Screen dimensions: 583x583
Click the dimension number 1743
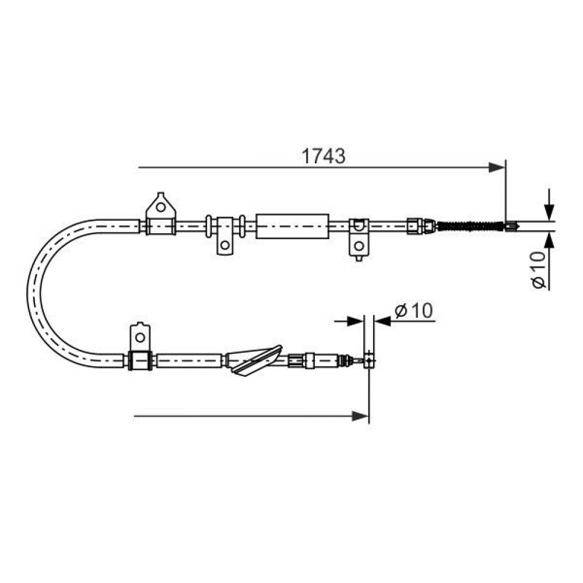pyautogui.click(x=323, y=156)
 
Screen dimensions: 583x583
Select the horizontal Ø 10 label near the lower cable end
pyautogui.click(x=414, y=311)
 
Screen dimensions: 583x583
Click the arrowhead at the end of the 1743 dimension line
pyautogui.click(x=497, y=167)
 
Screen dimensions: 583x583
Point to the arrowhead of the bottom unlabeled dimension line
pyautogui.click(x=360, y=416)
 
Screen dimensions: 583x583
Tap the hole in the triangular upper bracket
pyautogui.click(x=161, y=207)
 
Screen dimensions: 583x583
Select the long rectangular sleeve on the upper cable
pyautogui.click(x=293, y=226)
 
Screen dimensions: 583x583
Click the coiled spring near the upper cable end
pyautogui.click(x=469, y=226)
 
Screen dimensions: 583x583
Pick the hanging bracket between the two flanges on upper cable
pyautogui.click(x=224, y=236)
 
